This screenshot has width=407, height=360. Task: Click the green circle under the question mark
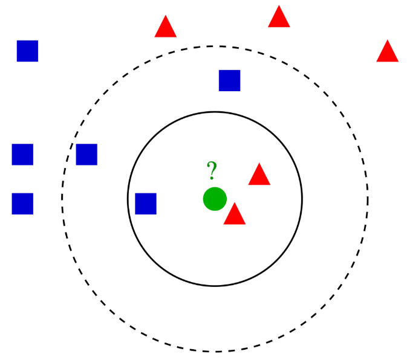215,199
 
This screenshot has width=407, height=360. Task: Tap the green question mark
211,171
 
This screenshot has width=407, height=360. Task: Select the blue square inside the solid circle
146,204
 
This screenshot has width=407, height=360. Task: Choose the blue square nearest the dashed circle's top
230,80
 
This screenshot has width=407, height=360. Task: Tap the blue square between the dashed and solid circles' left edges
86,155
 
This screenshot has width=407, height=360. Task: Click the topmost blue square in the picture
27,51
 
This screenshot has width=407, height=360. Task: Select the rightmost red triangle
387,53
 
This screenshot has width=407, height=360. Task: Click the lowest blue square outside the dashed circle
22,204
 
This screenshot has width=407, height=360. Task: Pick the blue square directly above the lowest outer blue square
22,155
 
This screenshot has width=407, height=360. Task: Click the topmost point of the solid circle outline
215,112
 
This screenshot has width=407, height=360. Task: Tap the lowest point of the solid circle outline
215,286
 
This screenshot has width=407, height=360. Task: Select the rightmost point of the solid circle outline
302,199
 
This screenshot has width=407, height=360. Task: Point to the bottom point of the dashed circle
215,351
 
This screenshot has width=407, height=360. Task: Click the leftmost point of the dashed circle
62,198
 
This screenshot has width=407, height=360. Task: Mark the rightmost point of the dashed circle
368,198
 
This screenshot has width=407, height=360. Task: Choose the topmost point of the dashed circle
215,46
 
